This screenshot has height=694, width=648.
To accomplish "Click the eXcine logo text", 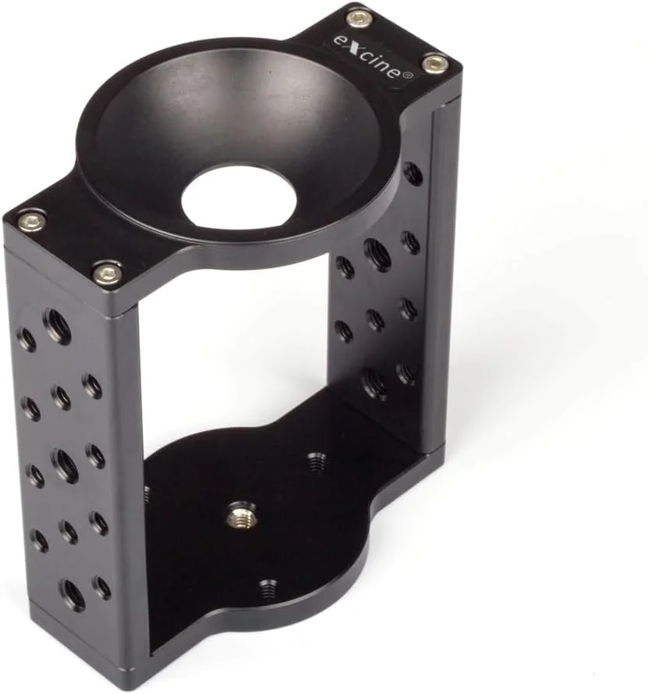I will (373, 53).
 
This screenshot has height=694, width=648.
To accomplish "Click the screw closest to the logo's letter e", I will (359, 18).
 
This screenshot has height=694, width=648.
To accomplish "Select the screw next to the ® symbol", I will (435, 62).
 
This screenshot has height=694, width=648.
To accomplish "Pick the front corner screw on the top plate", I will (107, 273).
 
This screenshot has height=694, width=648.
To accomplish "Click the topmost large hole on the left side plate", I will (57, 326).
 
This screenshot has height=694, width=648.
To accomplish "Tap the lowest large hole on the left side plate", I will (73, 595).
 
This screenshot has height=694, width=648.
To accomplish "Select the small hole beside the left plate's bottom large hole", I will (101, 586).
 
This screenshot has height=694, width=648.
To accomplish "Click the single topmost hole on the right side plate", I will (413, 173).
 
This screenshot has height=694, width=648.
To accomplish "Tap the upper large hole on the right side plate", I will (377, 254).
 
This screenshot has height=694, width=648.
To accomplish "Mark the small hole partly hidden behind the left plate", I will (147, 493).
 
